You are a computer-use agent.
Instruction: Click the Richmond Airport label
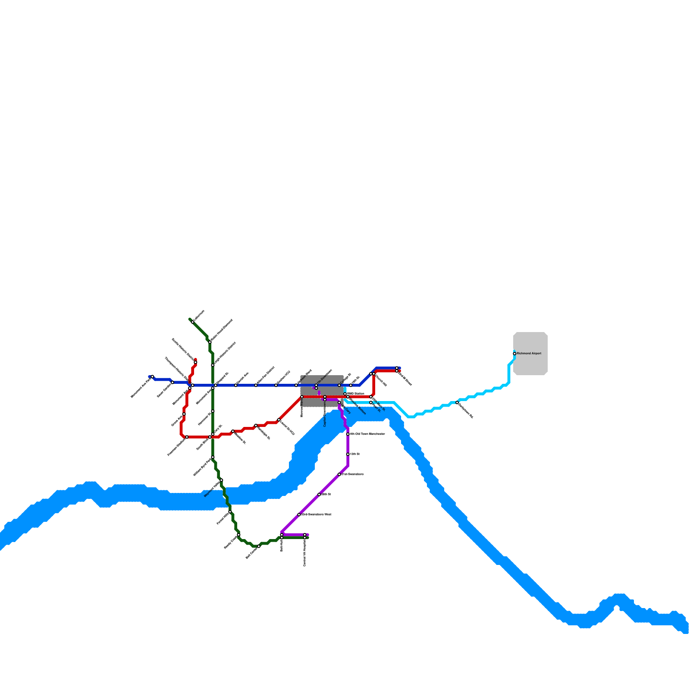(x=529, y=354)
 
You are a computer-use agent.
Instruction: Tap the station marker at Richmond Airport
(x=514, y=354)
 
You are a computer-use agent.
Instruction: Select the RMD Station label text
(x=356, y=394)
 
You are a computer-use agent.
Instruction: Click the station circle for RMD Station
(x=345, y=394)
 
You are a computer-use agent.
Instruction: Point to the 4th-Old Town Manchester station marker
(x=348, y=434)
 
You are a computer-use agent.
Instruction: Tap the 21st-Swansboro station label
(x=353, y=474)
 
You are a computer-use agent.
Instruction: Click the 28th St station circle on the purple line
(x=319, y=495)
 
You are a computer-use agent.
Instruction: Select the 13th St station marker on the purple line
(x=348, y=454)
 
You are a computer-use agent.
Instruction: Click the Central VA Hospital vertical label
(x=304, y=553)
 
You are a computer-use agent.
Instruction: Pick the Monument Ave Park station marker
(x=153, y=377)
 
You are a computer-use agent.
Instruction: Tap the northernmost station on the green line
(x=192, y=322)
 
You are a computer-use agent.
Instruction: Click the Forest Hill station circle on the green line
(x=230, y=512)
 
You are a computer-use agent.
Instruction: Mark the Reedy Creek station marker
(x=238, y=535)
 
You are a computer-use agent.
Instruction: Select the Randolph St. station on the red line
(x=256, y=426)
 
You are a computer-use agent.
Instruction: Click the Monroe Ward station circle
(x=302, y=397)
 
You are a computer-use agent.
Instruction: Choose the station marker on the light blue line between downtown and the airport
(x=457, y=402)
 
